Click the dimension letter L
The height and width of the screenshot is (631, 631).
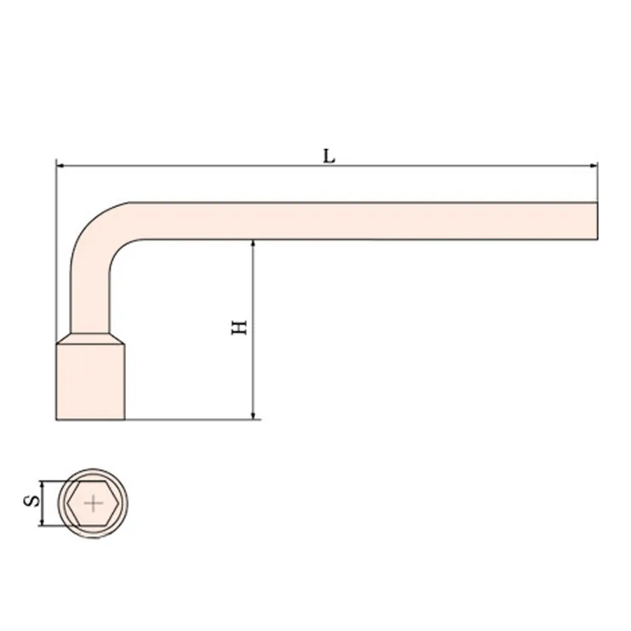330,156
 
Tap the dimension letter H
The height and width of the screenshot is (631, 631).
239,328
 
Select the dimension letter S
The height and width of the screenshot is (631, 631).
32,501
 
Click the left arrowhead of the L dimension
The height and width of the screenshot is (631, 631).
60,165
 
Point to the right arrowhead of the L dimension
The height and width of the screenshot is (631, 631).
594,165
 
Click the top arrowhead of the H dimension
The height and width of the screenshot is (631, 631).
253,244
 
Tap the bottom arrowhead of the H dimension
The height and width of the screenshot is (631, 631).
253,416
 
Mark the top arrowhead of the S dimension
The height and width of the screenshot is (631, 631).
42,485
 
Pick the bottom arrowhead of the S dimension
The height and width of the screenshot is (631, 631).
42,521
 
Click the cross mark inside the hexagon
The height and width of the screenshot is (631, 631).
94,503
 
